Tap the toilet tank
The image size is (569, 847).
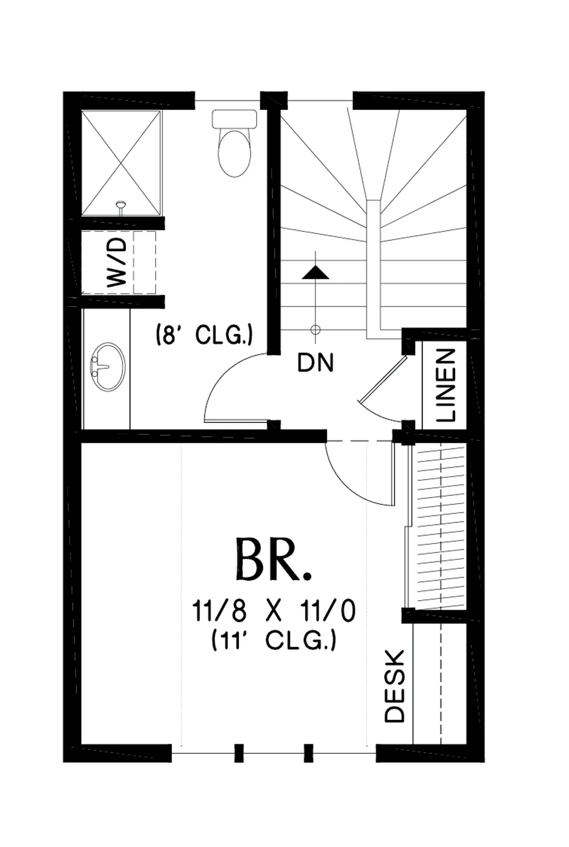pyautogui.click(x=234, y=119)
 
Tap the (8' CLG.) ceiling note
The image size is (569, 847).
pyautogui.click(x=204, y=335)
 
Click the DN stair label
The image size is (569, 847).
pyautogui.click(x=315, y=363)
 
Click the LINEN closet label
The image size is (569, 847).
pyautogui.click(x=446, y=385)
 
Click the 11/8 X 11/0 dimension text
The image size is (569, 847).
pyautogui.click(x=274, y=611)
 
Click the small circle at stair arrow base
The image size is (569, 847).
pyautogui.click(x=315, y=329)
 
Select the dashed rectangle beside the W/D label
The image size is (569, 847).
pyautogui.click(x=145, y=263)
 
